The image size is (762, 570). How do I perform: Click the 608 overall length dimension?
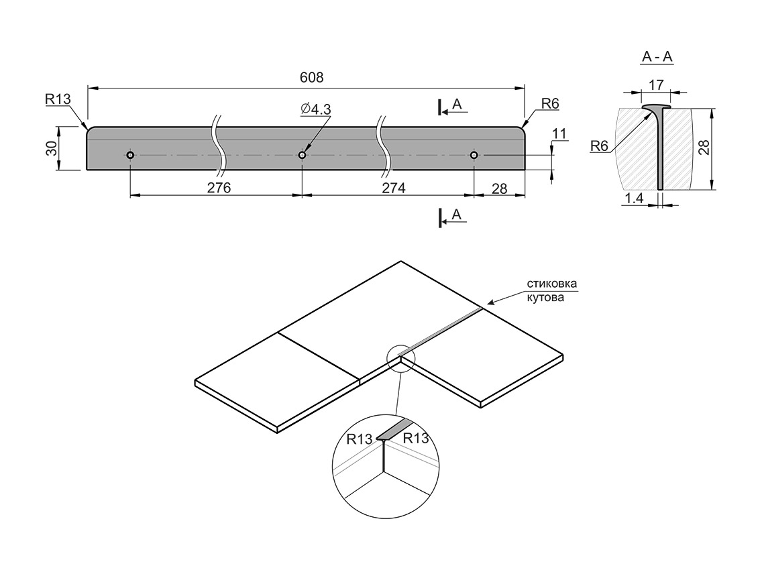pos(311,78)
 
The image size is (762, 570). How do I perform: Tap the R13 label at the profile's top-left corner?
pos(58,100)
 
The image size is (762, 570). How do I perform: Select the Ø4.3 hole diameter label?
pos(315,109)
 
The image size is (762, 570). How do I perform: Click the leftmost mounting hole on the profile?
pos(130,155)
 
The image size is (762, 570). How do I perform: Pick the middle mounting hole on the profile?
pos(303,155)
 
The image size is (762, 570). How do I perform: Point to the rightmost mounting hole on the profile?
pos(474,155)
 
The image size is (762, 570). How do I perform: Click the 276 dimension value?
pos(219,188)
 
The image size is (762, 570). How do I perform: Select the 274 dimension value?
pos(393,188)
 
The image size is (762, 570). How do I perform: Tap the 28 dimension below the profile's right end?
pos(499,188)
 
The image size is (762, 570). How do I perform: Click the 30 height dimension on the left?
pos(52,148)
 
